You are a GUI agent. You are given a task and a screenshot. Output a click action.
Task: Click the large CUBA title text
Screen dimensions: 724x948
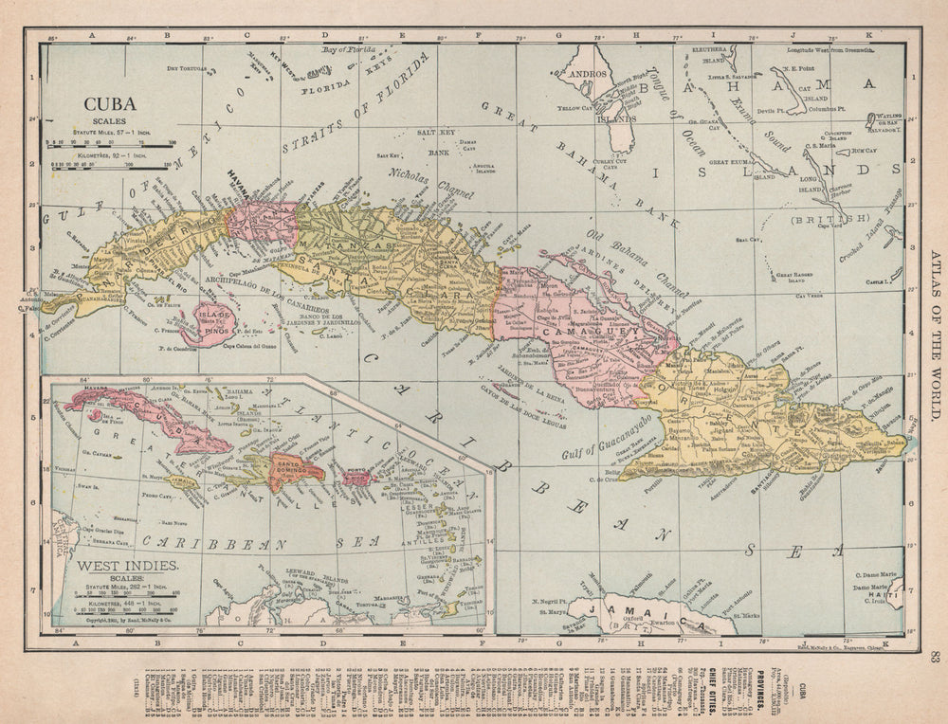[110, 106]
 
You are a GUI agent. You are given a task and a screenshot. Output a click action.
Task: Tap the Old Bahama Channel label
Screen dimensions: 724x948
[624, 263]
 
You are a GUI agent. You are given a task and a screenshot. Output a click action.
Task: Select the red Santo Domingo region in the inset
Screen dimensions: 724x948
[296, 466]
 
